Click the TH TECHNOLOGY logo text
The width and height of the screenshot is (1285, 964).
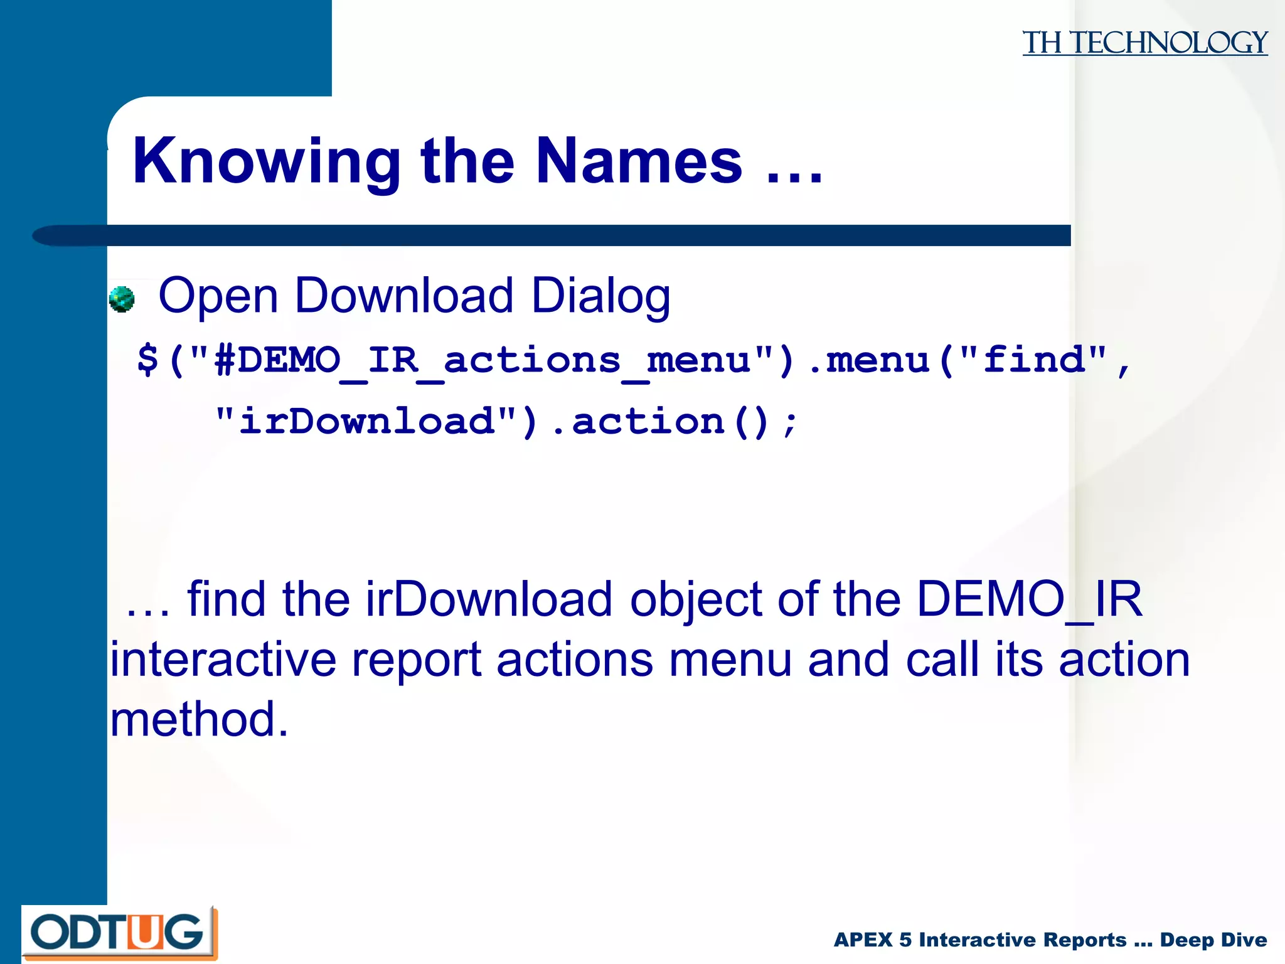[1144, 43]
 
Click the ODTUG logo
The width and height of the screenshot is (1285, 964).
[119, 933]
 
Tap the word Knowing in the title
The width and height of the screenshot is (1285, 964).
[267, 162]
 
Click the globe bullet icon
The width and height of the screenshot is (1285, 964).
[122, 299]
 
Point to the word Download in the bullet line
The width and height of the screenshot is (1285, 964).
[404, 295]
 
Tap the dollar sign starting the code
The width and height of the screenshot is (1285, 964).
[148, 360]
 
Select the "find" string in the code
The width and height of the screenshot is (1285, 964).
[1035, 359]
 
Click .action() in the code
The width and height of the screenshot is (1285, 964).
[659, 422]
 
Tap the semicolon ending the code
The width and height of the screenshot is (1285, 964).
[791, 422]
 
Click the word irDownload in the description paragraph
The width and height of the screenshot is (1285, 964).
[489, 599]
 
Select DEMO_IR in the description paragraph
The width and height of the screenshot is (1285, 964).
[1029, 599]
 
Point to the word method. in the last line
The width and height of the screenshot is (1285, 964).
[200, 719]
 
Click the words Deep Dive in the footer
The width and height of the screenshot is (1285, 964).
[1213, 940]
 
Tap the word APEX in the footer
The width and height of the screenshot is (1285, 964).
[863, 940]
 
